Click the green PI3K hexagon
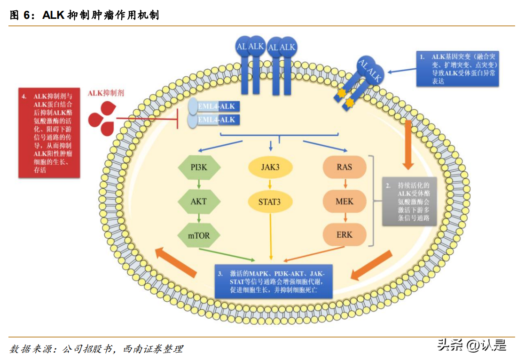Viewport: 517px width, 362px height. coord(199,167)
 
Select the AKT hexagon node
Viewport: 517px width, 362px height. coord(199,201)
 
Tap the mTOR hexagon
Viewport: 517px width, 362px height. coord(199,234)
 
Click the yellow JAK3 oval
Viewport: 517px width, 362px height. coord(270,167)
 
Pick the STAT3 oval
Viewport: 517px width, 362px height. coord(270,202)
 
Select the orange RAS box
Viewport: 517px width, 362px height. coord(344,167)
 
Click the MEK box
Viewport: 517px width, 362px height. coord(344,201)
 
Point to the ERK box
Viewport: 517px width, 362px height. coord(344,234)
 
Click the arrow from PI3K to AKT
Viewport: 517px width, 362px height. coord(199,184)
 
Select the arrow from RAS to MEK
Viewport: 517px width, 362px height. coord(344,184)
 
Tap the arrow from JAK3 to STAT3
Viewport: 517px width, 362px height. coord(270,185)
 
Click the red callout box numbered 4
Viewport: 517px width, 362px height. coord(49,132)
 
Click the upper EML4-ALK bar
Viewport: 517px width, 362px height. coord(215,106)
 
